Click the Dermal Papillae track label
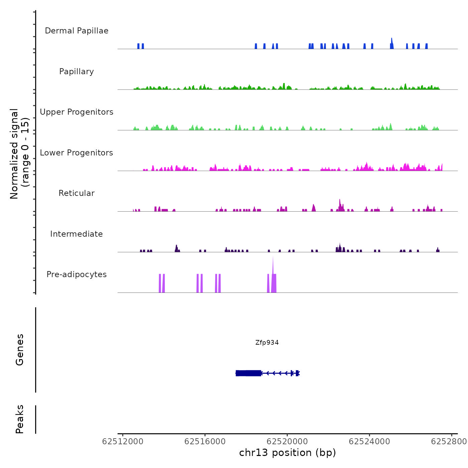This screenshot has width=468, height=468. pyautogui.click(x=77, y=31)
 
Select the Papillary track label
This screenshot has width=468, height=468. pyautogui.click(x=77, y=72)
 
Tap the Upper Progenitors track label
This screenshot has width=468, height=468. pyautogui.click(x=77, y=112)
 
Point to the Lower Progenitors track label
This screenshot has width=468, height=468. pyautogui.click(x=77, y=153)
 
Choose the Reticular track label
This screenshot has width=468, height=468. pyautogui.click(x=77, y=193)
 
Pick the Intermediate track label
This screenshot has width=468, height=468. pyautogui.click(x=77, y=234)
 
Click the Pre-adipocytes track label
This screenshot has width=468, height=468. pyautogui.click(x=77, y=274)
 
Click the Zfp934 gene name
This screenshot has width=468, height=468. pyautogui.click(x=267, y=342)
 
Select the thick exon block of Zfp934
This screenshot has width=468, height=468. pyautogui.click(x=248, y=373)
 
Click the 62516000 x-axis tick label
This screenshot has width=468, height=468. pyautogui.click(x=205, y=442)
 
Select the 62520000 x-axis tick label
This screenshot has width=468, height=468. pyautogui.click(x=287, y=442)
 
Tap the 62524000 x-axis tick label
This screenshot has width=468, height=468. pyautogui.click(x=369, y=442)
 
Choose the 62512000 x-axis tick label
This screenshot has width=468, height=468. pyautogui.click(x=123, y=442)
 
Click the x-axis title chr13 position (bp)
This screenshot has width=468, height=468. pyautogui.click(x=287, y=453)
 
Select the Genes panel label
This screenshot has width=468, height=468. pyautogui.click(x=20, y=350)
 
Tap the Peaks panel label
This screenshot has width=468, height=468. pyautogui.click(x=20, y=419)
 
